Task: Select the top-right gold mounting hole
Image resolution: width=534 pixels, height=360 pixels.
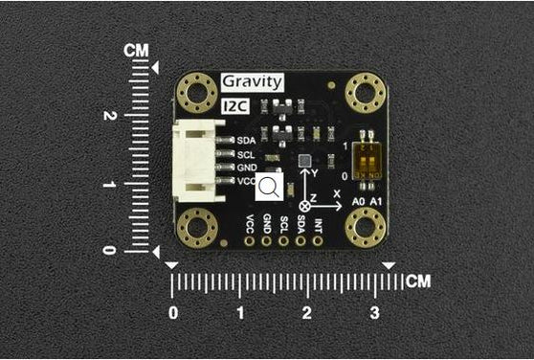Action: click(x=364, y=93)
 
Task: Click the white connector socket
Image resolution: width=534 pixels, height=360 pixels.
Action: click(x=194, y=160)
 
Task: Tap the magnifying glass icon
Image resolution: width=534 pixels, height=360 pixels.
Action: click(x=269, y=187)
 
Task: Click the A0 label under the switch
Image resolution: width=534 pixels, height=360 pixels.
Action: click(x=359, y=202)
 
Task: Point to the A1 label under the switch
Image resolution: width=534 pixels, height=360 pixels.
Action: click(x=376, y=202)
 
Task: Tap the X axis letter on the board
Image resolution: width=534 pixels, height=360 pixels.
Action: click(x=336, y=193)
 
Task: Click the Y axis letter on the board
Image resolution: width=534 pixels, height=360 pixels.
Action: click(x=315, y=173)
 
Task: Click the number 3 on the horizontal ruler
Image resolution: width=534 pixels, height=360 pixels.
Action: click(x=374, y=313)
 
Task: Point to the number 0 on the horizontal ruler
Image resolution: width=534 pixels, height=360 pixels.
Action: click(x=172, y=313)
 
